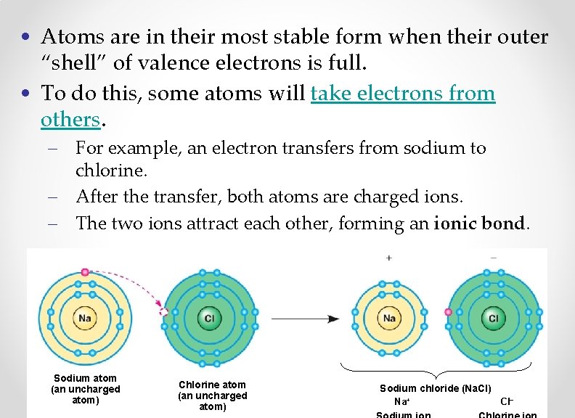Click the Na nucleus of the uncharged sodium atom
point(86,318)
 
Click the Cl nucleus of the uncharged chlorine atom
point(209,318)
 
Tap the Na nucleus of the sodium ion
point(389,318)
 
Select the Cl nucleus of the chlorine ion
point(494,318)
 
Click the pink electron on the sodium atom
point(86,272)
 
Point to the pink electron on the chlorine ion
point(448,312)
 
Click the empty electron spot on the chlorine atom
point(164,312)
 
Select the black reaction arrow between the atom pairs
point(306,318)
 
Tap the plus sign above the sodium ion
point(389,258)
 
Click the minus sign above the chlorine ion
point(494,257)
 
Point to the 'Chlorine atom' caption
point(213,385)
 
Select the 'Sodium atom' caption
point(86,377)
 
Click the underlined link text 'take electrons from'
point(403,94)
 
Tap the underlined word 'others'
point(70,119)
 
